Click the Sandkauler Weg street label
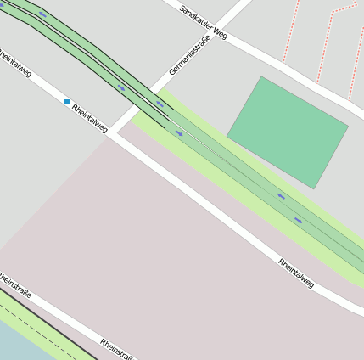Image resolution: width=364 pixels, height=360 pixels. point(204,22)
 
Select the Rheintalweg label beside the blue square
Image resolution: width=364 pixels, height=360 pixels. point(90,118)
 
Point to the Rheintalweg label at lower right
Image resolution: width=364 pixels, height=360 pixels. point(296,273)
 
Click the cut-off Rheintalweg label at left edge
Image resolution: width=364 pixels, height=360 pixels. point(15,63)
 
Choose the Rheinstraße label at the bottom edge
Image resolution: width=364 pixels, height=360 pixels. point(116,349)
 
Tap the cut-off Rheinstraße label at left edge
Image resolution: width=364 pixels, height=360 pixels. point(15,284)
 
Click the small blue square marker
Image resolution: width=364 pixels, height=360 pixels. point(67,102)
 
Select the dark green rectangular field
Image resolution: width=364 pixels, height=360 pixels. point(288,132)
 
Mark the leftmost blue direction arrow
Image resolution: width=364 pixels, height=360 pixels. point(42,14)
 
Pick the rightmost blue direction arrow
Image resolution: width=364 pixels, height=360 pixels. point(299,220)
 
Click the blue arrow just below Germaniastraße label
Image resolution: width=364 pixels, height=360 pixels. point(159,104)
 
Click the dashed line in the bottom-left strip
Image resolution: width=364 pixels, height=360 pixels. point(34,322)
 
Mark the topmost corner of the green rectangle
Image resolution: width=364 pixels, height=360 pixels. point(261,76)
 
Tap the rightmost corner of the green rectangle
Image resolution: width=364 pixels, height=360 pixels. point(348,127)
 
